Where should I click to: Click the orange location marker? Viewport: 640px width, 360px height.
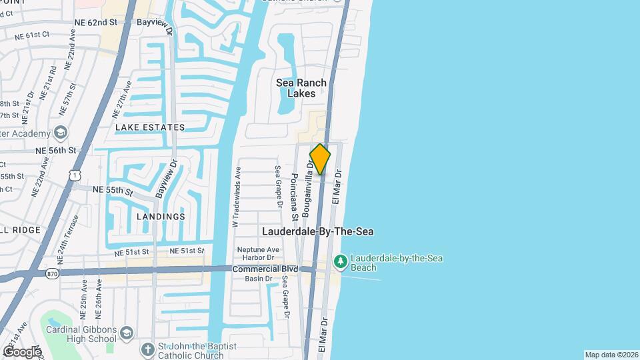320,159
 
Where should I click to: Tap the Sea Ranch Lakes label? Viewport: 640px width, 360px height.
301,88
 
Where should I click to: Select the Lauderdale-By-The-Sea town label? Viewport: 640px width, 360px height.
317,231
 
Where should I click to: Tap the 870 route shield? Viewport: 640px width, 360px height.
53,273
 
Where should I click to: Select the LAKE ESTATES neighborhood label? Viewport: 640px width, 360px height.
150,127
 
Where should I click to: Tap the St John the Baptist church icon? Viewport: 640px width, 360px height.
147,349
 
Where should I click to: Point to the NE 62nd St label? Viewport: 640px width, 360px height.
95,22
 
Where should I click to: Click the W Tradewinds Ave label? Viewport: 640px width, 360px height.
236,197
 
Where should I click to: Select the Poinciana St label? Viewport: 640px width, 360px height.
294,197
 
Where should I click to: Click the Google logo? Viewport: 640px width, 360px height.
21,352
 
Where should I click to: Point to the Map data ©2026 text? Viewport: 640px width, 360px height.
611,355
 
